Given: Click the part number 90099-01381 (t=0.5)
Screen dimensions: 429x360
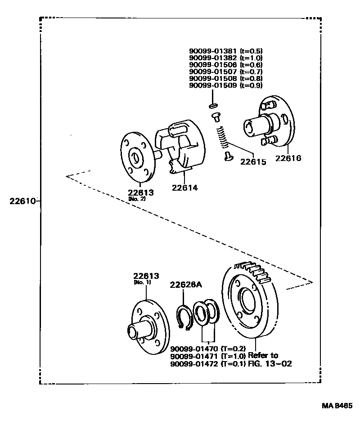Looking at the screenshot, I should pyautogui.click(x=225, y=51).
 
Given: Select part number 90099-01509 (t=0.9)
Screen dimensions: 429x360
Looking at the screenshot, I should pyautogui.click(x=225, y=85).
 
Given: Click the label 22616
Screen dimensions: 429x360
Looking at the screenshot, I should pyautogui.click(x=288, y=158).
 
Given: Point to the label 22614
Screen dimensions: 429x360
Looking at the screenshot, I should pyautogui.click(x=184, y=188).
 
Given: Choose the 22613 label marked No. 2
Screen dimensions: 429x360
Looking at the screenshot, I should pyautogui.click(x=140, y=192).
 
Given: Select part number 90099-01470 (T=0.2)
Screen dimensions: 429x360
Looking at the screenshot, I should pyautogui.click(x=207, y=349).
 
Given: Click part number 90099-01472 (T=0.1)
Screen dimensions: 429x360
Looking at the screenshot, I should pyautogui.click(x=207, y=363).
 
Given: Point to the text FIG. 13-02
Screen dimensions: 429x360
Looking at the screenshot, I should pyautogui.click(x=270, y=363).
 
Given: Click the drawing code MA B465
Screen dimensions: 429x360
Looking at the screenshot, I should pyautogui.click(x=337, y=405).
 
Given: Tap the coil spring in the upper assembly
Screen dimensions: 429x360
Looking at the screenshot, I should pyautogui.click(x=222, y=137).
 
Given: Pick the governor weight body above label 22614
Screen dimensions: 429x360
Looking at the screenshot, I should pyautogui.click(x=178, y=144).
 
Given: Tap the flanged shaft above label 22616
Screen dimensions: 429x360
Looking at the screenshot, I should pyautogui.click(x=269, y=124).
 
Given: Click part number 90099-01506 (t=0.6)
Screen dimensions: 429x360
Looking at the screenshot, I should pyautogui.click(x=225, y=65).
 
